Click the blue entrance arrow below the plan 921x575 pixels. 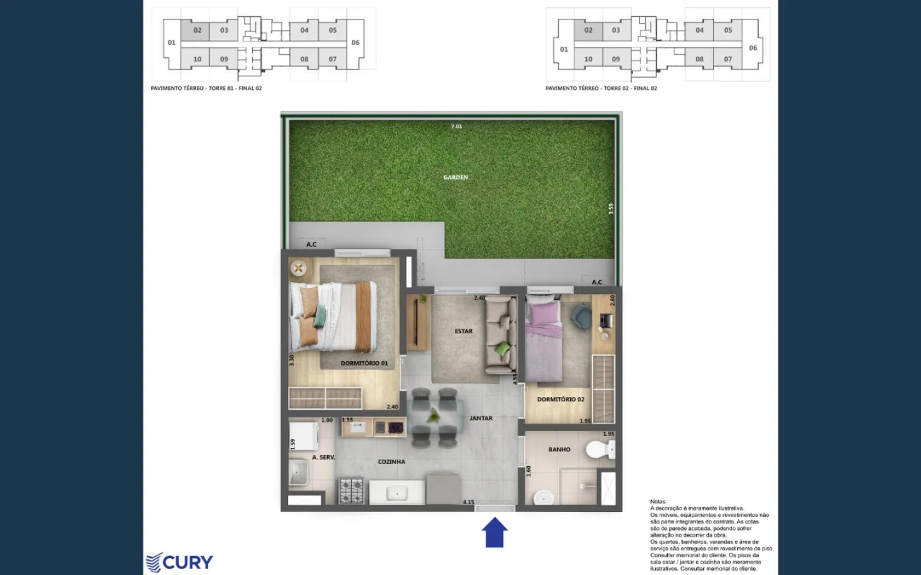point(494,532)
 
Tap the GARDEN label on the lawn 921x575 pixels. point(455,177)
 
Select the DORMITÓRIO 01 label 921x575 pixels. point(364,363)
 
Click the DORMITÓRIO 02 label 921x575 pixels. point(560,399)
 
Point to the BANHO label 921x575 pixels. point(559,449)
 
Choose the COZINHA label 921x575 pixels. point(391,462)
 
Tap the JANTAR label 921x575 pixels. point(481,418)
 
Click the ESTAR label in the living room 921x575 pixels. point(463,331)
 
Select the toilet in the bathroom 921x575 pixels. point(600,450)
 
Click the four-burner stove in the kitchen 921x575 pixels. point(351,491)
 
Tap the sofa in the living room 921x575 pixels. point(501,334)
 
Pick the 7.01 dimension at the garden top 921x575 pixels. point(457,126)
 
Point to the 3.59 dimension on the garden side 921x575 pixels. point(611,208)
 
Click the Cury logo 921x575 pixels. point(179,562)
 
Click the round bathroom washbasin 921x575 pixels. point(543,498)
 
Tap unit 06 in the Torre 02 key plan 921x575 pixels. point(753,48)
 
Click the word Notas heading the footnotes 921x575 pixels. point(658,501)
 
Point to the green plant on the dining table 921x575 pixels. point(434,415)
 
